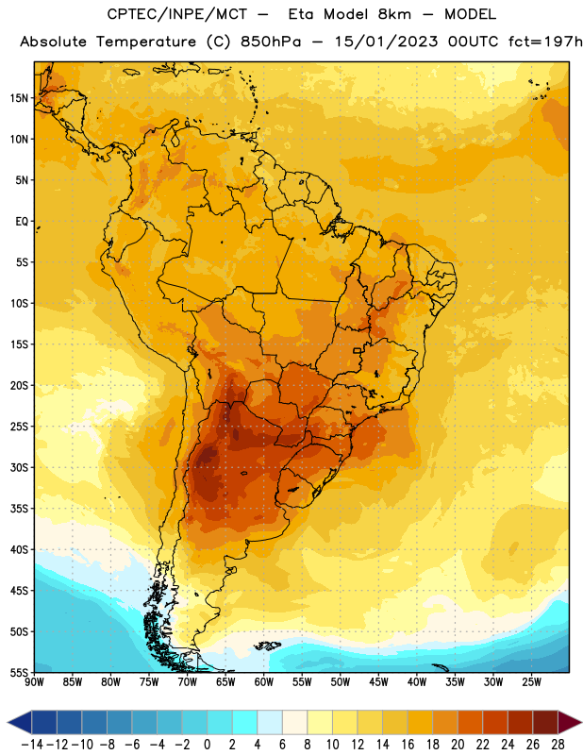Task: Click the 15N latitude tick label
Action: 19,98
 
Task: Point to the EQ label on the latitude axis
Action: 22,222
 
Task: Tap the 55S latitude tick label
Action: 19,672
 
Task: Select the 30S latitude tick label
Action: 19,467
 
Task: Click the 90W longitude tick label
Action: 34,681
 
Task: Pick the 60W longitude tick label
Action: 264,681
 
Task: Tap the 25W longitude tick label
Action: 531,681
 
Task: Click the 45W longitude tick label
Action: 378,681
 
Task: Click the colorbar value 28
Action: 558,745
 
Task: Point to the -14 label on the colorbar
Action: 32,745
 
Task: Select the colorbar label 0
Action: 207,745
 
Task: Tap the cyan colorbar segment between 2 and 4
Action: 244,722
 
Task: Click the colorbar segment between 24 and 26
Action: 521,722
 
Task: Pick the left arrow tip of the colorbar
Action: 8,722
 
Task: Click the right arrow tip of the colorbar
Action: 582,722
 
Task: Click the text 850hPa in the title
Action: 271,42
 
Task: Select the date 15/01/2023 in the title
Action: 386,42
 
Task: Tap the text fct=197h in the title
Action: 545,42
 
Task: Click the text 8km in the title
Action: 394,14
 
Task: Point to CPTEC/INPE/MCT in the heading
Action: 176,14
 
